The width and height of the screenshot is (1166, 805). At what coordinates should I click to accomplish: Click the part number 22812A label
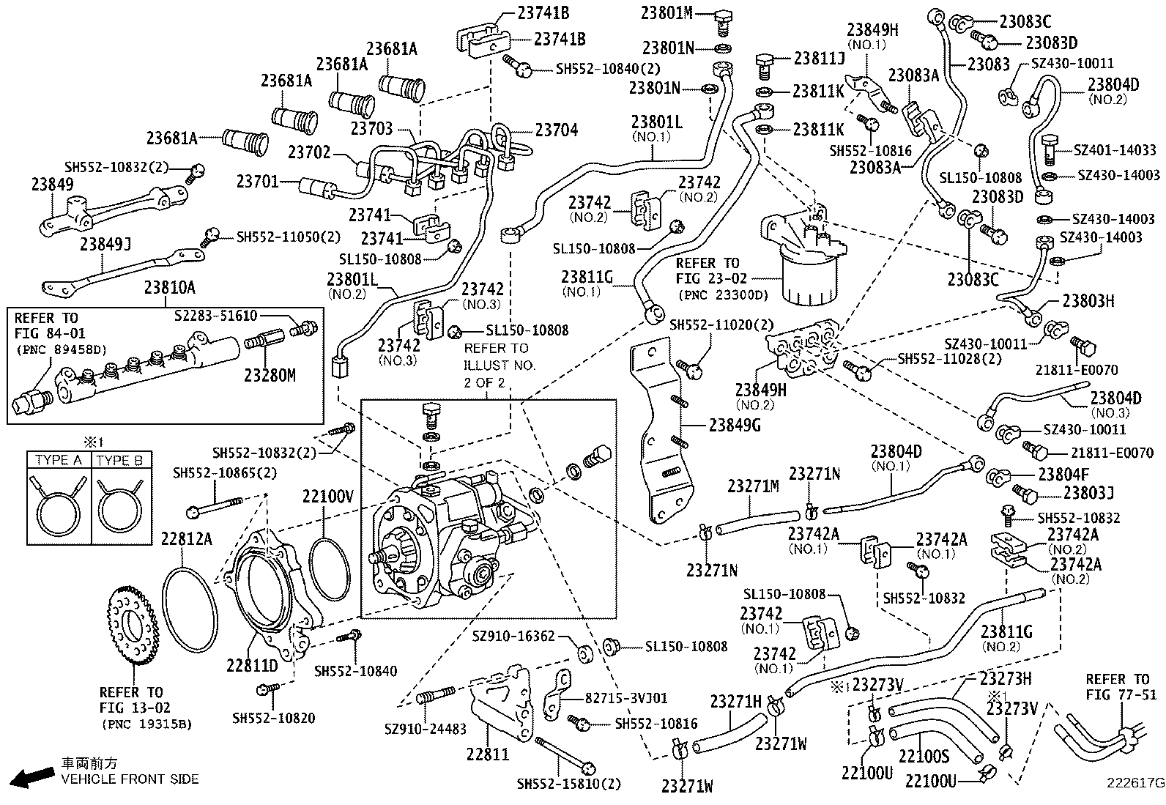click(x=186, y=539)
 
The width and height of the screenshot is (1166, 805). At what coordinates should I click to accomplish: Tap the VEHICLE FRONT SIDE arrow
click(x=31, y=777)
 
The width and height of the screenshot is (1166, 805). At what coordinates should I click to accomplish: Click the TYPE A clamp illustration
click(x=59, y=505)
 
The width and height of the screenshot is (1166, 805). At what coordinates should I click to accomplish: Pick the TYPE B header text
click(x=119, y=461)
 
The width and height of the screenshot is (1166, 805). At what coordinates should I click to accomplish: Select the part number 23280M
click(x=270, y=376)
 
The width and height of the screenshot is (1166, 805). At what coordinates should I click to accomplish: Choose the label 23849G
click(x=735, y=424)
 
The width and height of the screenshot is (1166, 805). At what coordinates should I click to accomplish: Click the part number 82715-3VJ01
click(x=626, y=698)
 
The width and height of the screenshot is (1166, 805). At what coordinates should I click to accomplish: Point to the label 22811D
click(x=251, y=667)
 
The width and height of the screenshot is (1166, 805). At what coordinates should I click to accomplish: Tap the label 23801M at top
click(x=666, y=12)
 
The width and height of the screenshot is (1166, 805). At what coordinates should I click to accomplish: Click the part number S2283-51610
click(x=216, y=316)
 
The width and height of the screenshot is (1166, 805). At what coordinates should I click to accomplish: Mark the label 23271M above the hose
click(x=753, y=486)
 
